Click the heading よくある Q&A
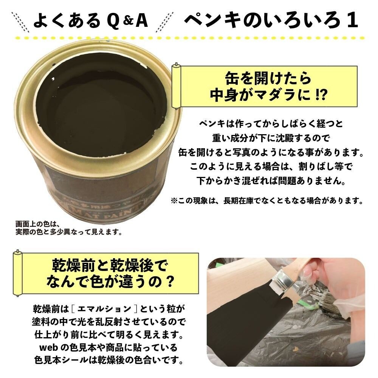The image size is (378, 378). [91, 22]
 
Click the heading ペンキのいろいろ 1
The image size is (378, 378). [271, 22]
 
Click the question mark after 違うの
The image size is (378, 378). [170, 282]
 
